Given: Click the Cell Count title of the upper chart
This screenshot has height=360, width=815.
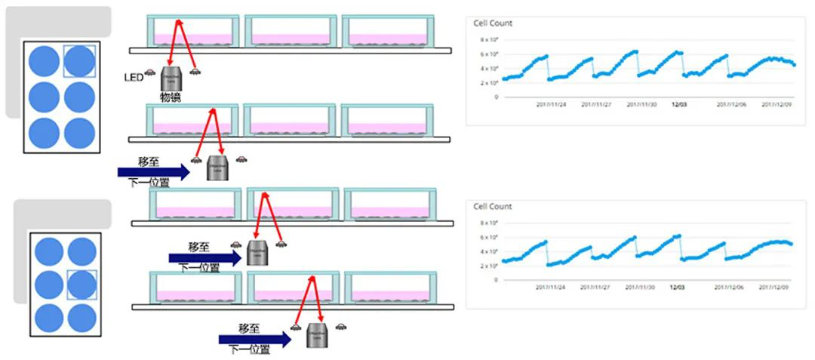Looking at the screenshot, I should click(493, 23).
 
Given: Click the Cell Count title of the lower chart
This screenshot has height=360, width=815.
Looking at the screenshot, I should click(493, 207).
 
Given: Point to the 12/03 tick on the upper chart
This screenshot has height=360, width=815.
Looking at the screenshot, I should click(678, 105).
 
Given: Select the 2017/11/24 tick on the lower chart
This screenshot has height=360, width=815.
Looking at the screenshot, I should click(550, 288).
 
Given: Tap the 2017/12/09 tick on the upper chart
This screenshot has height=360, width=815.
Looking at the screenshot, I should click(777, 105).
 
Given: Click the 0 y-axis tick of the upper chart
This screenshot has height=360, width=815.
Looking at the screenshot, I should click(496, 97).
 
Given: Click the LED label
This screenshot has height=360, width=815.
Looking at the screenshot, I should click(133, 77).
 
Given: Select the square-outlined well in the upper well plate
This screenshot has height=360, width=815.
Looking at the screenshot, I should click(79, 61).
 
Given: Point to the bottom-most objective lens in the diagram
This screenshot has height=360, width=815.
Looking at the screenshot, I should click(317, 334).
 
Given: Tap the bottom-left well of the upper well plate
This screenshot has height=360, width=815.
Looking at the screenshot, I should click(44, 133).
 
